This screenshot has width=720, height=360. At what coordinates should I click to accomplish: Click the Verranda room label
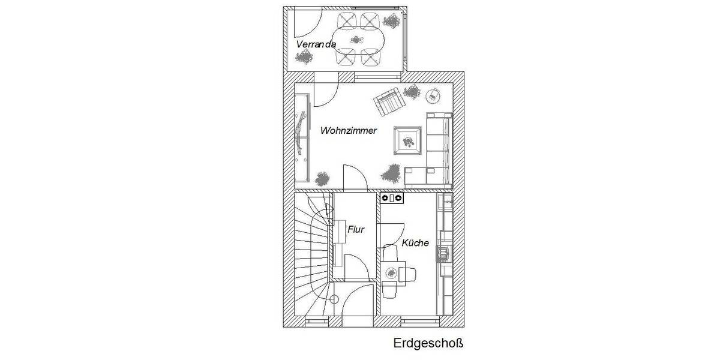315,45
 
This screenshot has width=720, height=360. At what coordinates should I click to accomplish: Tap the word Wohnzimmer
349,130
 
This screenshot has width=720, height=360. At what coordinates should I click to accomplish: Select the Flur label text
356,229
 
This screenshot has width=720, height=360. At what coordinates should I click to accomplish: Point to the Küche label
415,243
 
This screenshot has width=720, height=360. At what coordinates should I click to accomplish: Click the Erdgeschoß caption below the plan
429,344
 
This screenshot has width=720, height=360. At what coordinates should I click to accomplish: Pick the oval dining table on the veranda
359,40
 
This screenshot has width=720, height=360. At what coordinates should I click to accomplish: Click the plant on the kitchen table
391,273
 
